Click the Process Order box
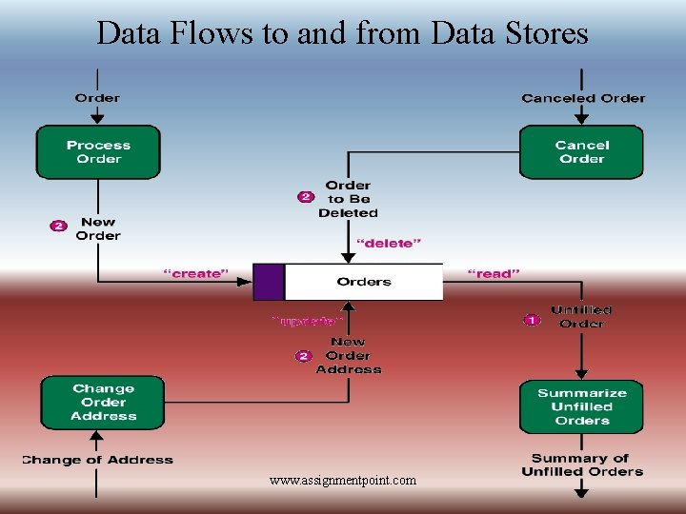click(x=98, y=152)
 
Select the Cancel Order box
click(x=581, y=152)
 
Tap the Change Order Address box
click(x=103, y=403)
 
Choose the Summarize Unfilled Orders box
click(x=581, y=406)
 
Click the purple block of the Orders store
click(x=269, y=282)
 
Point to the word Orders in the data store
click(x=364, y=282)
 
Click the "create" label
click(x=196, y=274)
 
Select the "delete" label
click(x=387, y=244)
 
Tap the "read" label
click(x=494, y=274)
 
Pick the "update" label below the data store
click(x=307, y=322)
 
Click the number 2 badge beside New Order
click(x=59, y=227)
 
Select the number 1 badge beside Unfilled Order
click(x=531, y=321)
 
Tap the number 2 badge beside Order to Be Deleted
click(x=305, y=197)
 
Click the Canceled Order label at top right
click(x=583, y=98)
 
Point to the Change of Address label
click(x=97, y=460)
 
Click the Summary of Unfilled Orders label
click(x=582, y=465)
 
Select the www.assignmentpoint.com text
click(x=343, y=481)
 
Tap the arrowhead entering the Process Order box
click(x=97, y=119)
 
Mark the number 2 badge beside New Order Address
click(x=303, y=356)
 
